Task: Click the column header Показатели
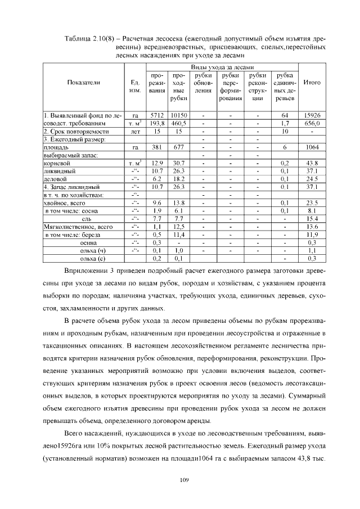[x=83, y=82]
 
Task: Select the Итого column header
[x=312, y=82]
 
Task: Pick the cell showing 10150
[x=179, y=114]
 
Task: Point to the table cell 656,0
[x=312, y=122]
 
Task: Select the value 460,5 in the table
[x=179, y=122]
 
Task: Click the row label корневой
[x=56, y=163]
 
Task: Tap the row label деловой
[x=55, y=178]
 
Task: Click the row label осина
[x=89, y=242]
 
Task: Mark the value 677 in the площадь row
[x=179, y=146]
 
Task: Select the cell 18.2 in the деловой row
[x=179, y=178]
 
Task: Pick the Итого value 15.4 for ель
[x=312, y=218]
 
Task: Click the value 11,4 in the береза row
[x=179, y=235]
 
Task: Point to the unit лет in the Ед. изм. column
[x=135, y=130]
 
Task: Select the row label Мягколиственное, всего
[x=74, y=227]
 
